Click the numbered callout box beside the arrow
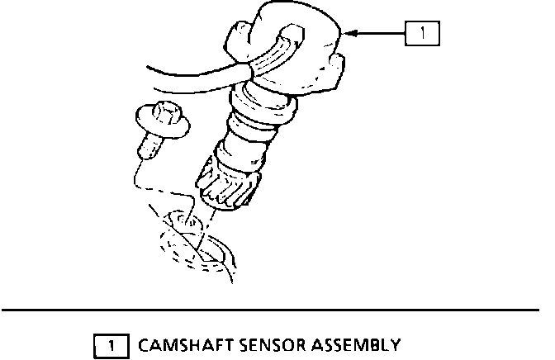coord(421,34)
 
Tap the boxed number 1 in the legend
coord(113,343)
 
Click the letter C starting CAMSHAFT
coord(145,343)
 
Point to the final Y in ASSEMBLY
coord(396,343)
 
